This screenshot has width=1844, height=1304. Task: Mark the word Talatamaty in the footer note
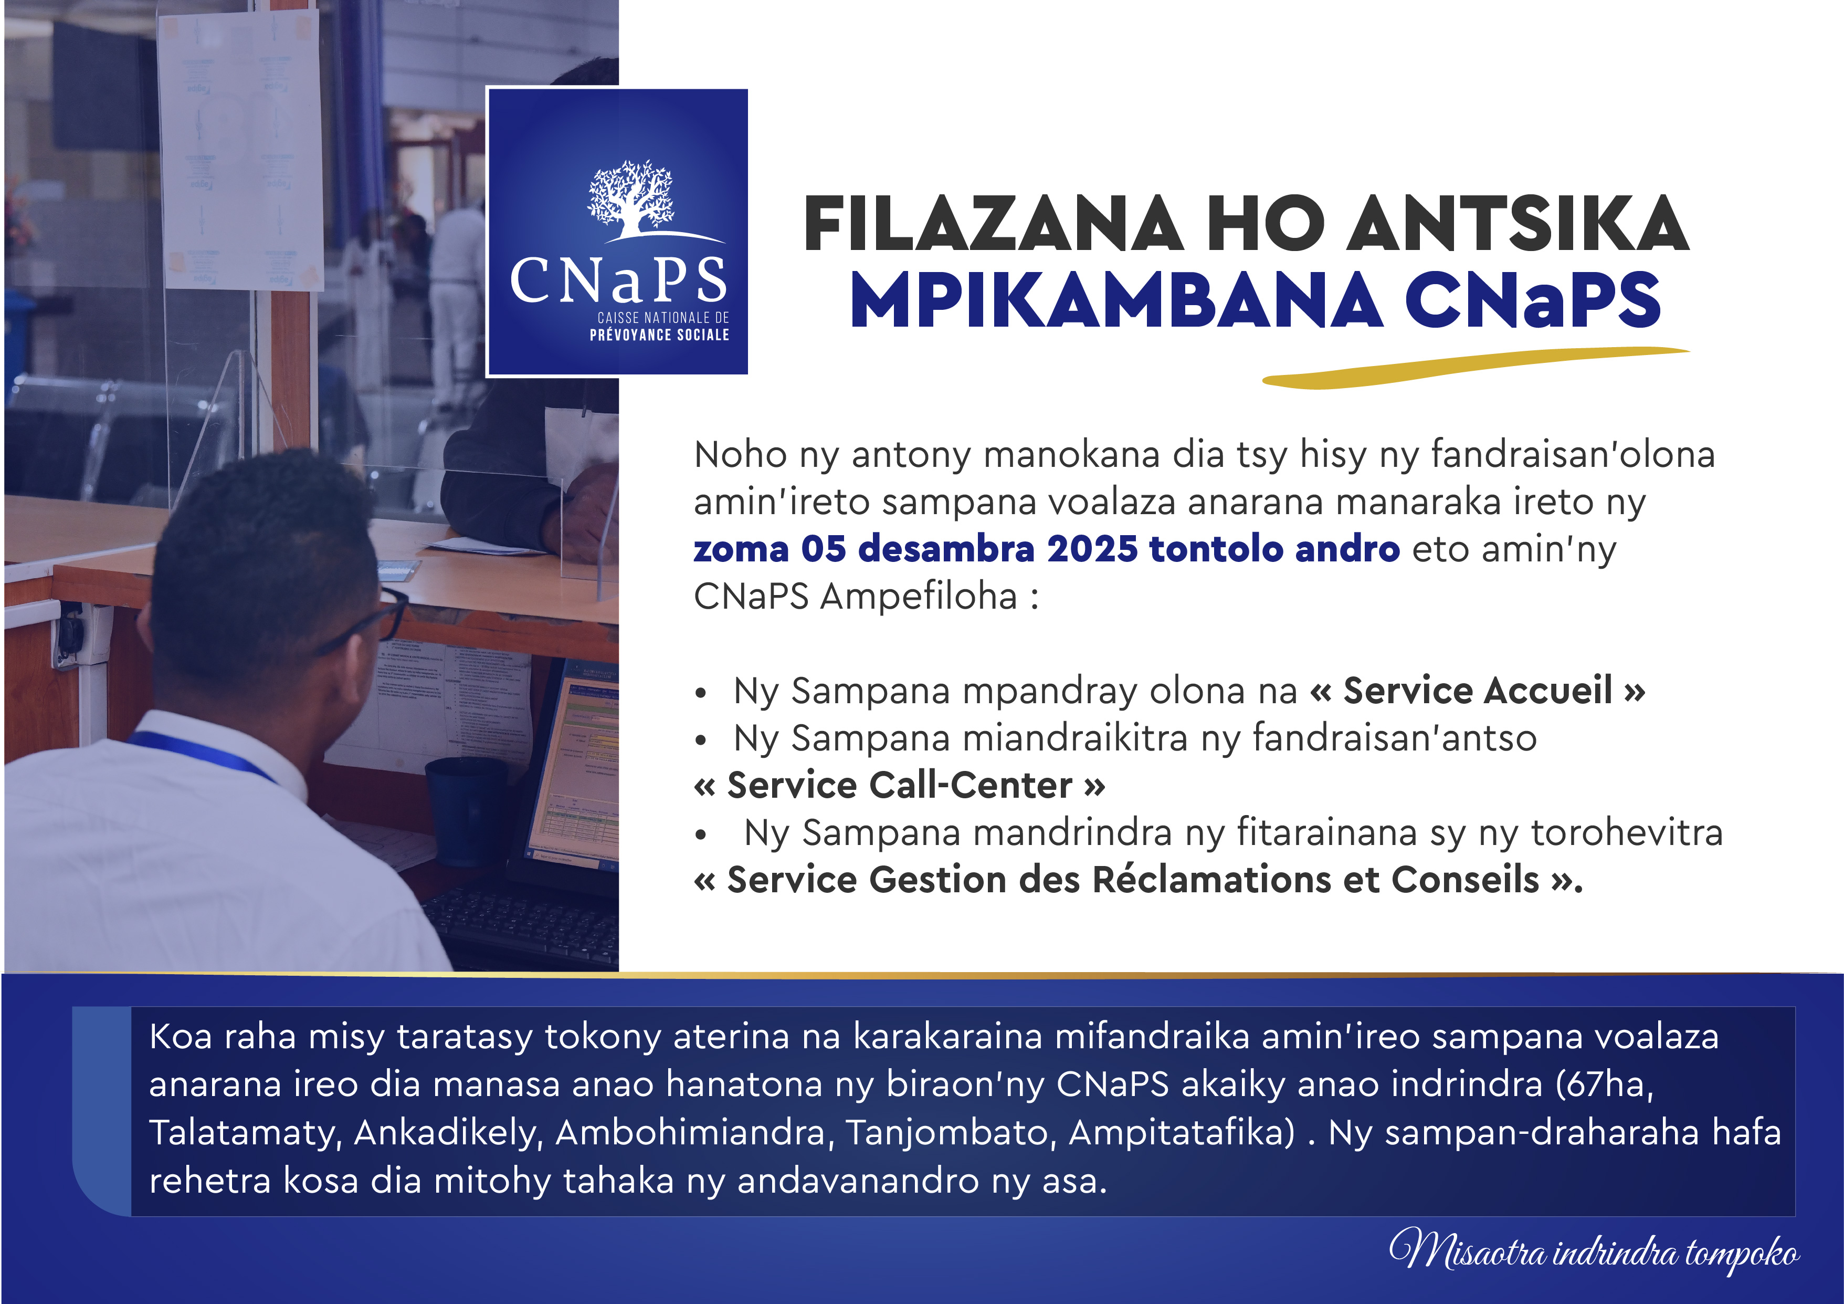[x=246, y=1133]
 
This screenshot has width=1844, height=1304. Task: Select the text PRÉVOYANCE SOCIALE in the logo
[x=659, y=335]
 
